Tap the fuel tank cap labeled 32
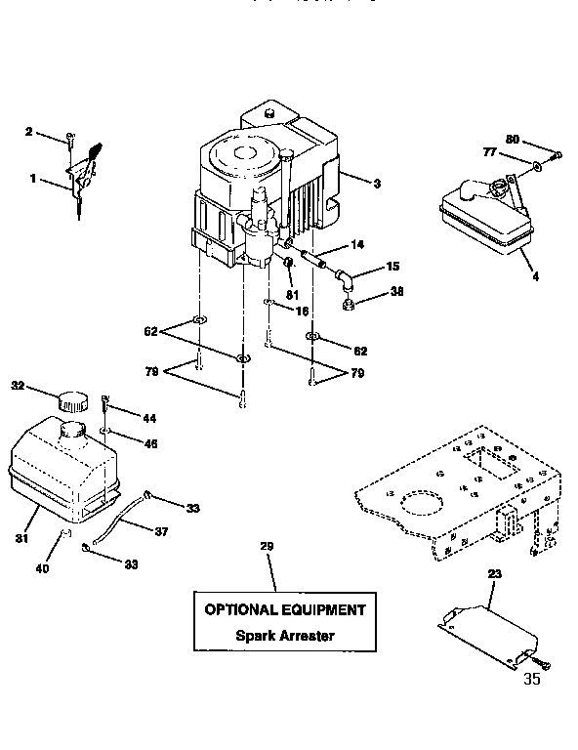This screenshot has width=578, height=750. pos(71,399)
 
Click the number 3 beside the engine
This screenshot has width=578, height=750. pos(376,182)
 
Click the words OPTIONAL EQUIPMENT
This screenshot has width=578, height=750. pos(284,609)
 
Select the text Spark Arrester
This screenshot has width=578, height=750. pos(284,636)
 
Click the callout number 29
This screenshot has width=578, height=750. pos(266,546)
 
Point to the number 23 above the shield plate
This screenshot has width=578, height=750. pos(494,575)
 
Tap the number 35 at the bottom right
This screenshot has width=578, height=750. pos(531,681)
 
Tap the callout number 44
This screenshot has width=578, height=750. pos(148,418)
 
